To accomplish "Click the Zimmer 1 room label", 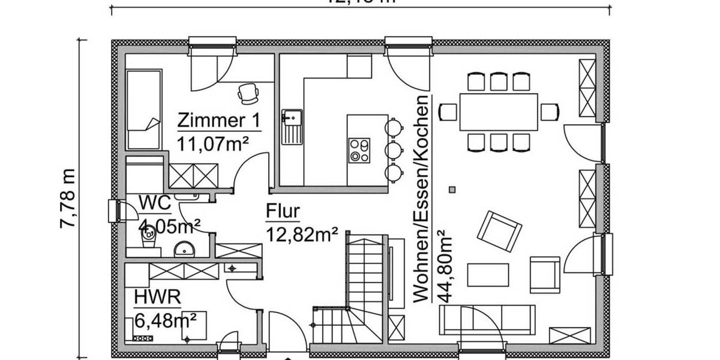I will (219, 121).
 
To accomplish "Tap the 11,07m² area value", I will (213, 143).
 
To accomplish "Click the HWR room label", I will (158, 297).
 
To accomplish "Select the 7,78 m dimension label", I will (68, 198).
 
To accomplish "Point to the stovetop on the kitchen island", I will (359, 149).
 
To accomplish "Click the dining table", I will (499, 112).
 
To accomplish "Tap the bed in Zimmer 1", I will (143, 108).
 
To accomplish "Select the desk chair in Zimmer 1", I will (247, 92).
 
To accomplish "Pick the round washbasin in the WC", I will (184, 250).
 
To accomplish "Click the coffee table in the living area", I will (488, 275).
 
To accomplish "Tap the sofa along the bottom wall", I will (488, 319).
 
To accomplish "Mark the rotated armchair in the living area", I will (499, 231).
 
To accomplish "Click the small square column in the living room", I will (452, 190).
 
